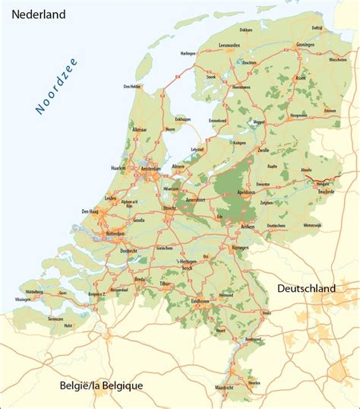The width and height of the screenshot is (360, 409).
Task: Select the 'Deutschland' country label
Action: coord(306,289)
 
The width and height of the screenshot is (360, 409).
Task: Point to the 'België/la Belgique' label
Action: coord(101,385)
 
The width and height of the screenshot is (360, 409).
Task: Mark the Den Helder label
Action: coord(133,87)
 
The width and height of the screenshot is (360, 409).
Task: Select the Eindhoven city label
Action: coord(201,300)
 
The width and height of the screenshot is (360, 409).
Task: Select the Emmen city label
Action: coord(330,111)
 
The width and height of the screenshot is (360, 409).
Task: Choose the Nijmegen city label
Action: coord(240,247)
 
